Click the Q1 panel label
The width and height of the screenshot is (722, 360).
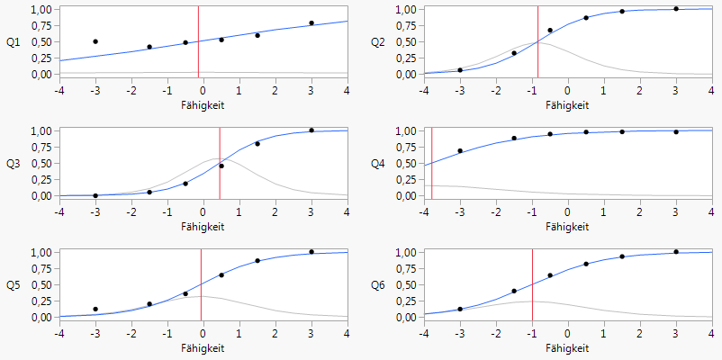[x=13, y=42]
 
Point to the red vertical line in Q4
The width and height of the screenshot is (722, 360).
[x=431, y=162]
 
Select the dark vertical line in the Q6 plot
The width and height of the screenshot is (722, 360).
[x=532, y=283]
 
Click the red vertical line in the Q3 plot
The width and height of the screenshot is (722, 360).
[x=220, y=162]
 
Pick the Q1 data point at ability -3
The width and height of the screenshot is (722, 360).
[x=95, y=41]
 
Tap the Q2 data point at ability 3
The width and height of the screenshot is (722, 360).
[x=676, y=9]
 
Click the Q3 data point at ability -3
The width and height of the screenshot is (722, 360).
[x=95, y=195]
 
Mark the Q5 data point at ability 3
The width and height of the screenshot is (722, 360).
[x=311, y=252]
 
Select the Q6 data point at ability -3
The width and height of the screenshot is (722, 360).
[x=460, y=309]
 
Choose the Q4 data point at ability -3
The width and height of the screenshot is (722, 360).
[x=460, y=151]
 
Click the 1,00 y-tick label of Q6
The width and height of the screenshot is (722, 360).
[x=402, y=253]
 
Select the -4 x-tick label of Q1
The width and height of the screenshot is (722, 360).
[x=59, y=89]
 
